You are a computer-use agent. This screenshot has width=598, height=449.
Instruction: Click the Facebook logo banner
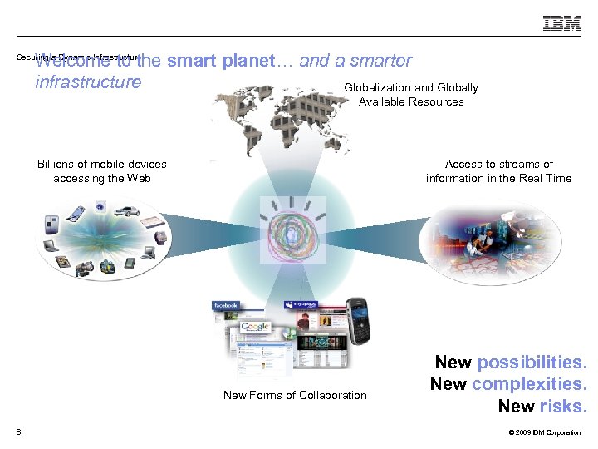(x=226, y=306)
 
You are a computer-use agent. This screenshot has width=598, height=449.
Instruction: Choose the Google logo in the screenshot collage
(x=254, y=327)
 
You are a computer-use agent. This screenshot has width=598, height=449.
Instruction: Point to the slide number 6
(x=18, y=430)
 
